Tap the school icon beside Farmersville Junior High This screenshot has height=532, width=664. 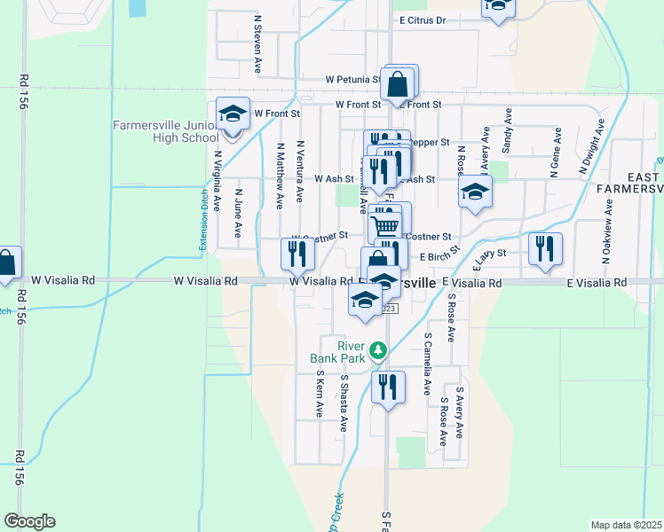tap(233, 114)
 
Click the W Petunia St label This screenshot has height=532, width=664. tap(352, 79)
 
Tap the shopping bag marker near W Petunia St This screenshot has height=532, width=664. tap(399, 85)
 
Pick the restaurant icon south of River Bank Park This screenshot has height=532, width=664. tap(388, 387)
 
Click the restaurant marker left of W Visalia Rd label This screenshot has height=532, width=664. tap(297, 254)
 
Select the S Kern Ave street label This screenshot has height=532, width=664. tap(320, 394)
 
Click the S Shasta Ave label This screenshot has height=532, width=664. tap(343, 403)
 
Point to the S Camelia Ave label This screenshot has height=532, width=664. tap(427, 364)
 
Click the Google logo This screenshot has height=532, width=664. tap(29, 521)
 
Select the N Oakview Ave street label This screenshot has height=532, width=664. tap(607, 229)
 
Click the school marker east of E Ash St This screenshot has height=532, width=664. tap(475, 192)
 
